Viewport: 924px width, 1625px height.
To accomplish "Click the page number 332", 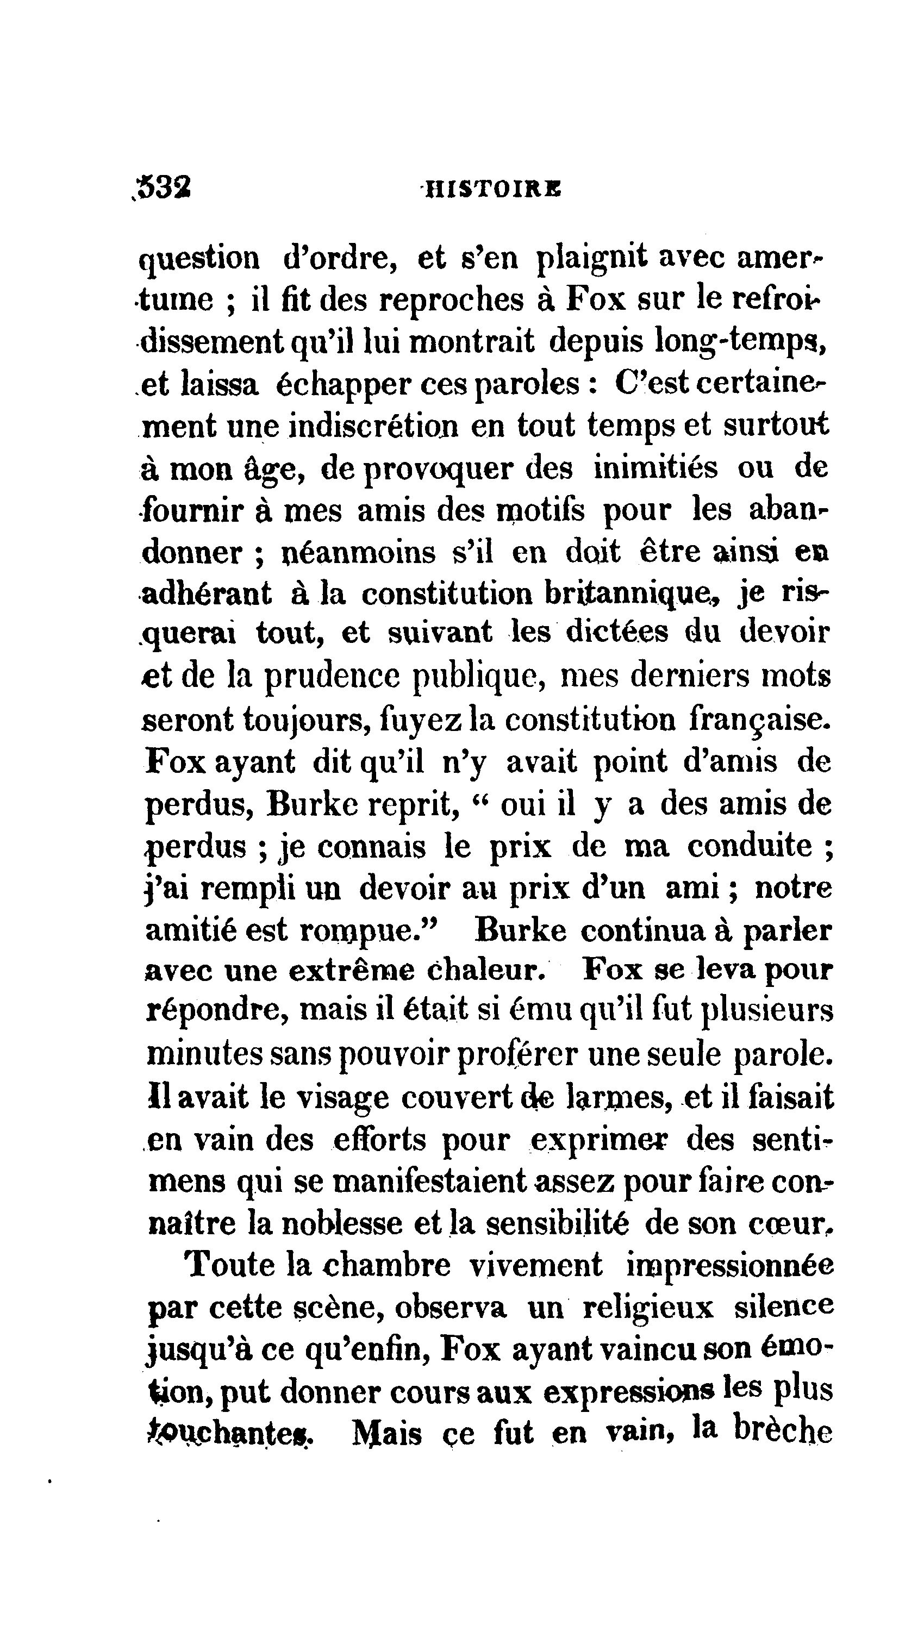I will (x=164, y=188).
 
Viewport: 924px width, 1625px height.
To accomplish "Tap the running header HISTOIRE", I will (x=492, y=189).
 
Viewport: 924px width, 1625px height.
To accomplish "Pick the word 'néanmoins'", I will (x=359, y=552).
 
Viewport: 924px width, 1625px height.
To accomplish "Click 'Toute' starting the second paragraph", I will (x=230, y=1265).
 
